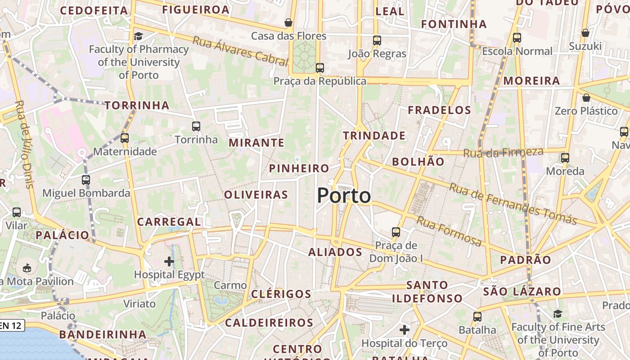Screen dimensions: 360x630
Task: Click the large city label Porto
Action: point(344,196)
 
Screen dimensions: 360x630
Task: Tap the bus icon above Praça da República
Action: point(320,68)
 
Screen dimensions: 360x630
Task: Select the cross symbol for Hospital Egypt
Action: point(169,261)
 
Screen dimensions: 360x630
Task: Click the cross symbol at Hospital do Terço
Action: point(405,330)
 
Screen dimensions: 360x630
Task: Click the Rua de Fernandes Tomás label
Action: point(513,204)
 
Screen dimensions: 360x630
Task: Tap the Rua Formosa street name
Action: point(449,231)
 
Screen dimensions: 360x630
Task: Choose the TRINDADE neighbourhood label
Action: point(374,135)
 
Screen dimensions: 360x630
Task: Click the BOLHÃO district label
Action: point(418,162)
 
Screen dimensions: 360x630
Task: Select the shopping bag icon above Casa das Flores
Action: point(288,22)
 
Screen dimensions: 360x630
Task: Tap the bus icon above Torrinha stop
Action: point(196,126)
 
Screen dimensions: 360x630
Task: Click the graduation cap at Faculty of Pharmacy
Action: point(139,36)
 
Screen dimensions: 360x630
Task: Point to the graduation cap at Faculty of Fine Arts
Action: point(558,314)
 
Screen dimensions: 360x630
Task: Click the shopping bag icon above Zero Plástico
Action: point(586,97)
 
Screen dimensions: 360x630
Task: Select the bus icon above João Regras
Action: point(377,40)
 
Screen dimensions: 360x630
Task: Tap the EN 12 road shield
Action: point(11,325)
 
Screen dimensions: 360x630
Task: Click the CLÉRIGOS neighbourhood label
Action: point(281,294)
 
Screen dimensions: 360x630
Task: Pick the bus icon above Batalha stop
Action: point(477,316)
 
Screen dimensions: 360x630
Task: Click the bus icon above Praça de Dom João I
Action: point(396,232)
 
